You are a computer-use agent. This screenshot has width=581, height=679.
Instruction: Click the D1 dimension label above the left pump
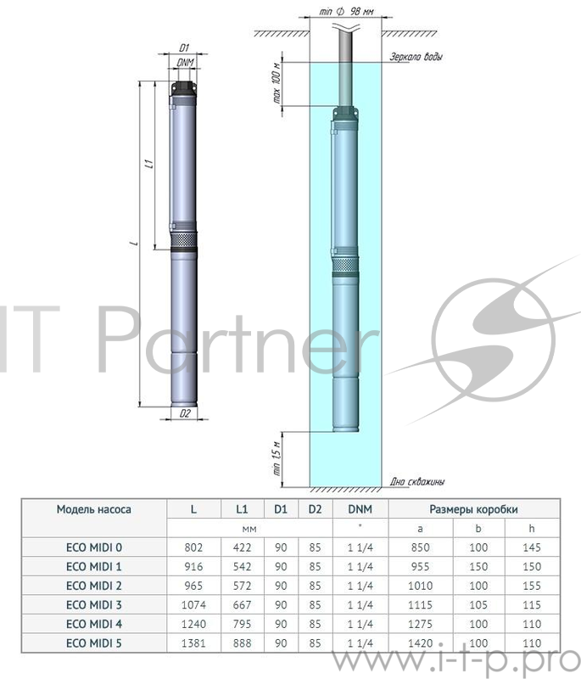[184, 48]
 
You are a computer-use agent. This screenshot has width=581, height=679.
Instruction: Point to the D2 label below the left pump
[184, 413]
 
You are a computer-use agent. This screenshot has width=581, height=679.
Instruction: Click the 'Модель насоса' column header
[94, 509]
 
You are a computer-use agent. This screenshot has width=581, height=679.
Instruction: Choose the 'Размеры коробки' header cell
[473, 509]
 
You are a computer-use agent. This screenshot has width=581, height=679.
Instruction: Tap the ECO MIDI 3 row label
[94, 604]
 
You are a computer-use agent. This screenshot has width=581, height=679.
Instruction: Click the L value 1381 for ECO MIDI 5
[194, 643]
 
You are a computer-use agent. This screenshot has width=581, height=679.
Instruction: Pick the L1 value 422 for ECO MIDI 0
[241, 547]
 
